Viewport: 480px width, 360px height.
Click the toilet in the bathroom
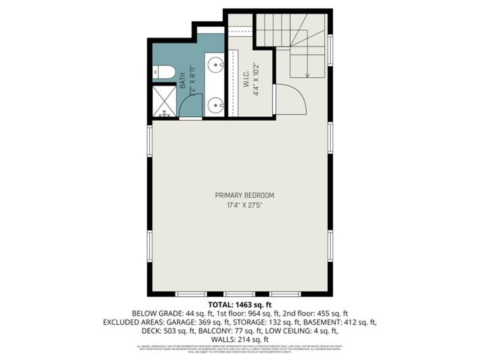click(166, 73)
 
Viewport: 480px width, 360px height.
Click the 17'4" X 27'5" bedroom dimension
click(240, 205)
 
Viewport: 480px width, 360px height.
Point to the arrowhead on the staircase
click(307, 76)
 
